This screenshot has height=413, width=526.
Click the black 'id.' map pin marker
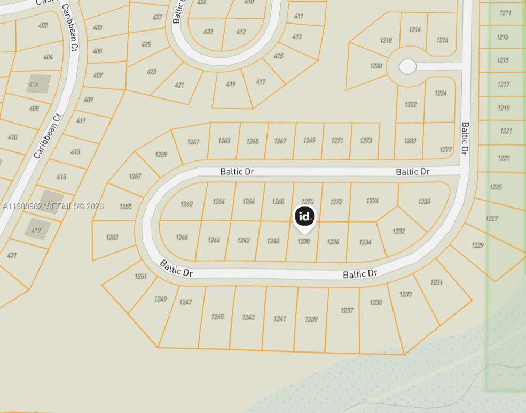(x=304, y=217)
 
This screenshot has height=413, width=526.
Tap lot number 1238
(x=303, y=242)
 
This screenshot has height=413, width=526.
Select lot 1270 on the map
(x=308, y=202)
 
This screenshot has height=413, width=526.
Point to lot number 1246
(x=182, y=238)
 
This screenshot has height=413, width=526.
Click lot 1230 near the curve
(x=424, y=202)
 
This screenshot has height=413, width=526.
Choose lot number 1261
(x=193, y=142)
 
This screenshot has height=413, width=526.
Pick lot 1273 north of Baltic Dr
(x=366, y=141)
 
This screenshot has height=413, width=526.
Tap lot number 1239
(x=311, y=319)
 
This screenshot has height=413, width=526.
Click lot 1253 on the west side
(x=112, y=237)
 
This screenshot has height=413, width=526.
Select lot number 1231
(x=436, y=282)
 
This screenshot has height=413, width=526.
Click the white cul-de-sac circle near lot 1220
(x=407, y=66)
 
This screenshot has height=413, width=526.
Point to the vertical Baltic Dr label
(x=465, y=139)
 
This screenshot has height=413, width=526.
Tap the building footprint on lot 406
(x=38, y=84)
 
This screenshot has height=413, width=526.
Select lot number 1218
(x=386, y=41)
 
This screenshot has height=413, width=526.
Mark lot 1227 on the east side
(x=492, y=218)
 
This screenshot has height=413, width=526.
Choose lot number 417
(x=261, y=82)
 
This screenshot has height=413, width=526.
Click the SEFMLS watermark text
(x=53, y=206)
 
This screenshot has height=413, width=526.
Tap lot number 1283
(x=410, y=141)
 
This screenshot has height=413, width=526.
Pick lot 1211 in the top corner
(x=505, y=13)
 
